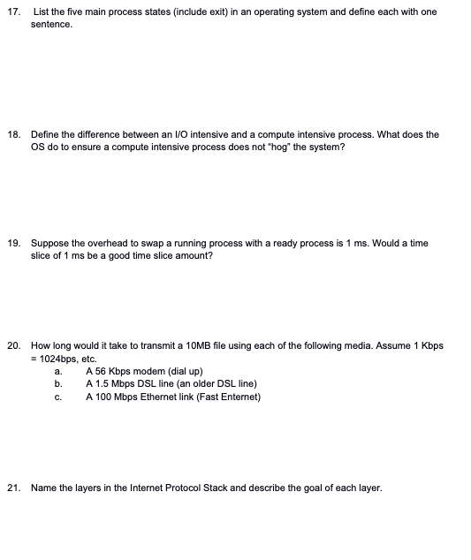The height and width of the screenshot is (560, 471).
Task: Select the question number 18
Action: click(x=12, y=134)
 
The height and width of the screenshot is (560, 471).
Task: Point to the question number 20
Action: click(x=12, y=345)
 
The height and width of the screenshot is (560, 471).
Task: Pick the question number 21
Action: click(x=12, y=487)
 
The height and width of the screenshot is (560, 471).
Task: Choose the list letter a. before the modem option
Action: click(x=58, y=372)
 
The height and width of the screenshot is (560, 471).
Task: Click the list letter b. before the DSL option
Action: click(x=58, y=384)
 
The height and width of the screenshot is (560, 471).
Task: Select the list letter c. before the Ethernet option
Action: click(x=58, y=397)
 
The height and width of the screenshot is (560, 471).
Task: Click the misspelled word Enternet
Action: click(x=239, y=397)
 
